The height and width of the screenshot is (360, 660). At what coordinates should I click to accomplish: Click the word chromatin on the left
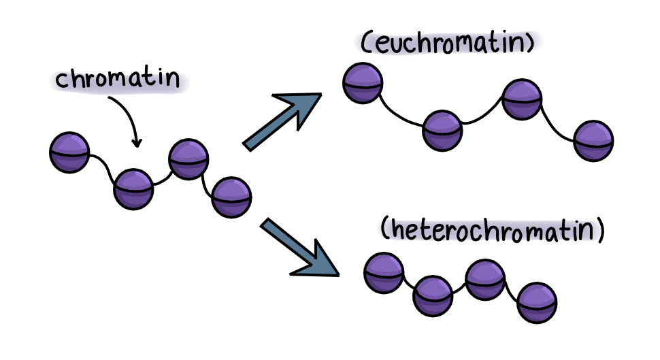point(118,79)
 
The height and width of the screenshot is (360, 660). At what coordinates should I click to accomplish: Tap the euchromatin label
point(448,42)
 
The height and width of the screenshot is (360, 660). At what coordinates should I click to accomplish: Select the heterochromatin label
point(492,230)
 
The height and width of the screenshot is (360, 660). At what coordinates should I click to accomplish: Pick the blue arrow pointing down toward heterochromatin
point(300,248)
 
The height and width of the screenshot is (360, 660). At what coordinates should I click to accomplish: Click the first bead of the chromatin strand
point(69,152)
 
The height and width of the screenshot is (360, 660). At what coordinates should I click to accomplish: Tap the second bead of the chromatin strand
point(133,189)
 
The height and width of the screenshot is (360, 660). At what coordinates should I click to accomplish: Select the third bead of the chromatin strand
point(188,159)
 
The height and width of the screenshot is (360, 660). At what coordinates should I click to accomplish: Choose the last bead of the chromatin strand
point(231,197)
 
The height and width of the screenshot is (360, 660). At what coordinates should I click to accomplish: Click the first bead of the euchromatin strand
point(363,83)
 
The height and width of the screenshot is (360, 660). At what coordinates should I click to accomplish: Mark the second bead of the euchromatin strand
point(442,131)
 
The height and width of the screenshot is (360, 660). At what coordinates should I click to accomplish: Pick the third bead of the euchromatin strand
point(522,99)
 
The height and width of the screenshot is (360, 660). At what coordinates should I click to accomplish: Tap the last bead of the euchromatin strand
point(593,141)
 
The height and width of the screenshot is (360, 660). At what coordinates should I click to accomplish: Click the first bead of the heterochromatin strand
point(384,273)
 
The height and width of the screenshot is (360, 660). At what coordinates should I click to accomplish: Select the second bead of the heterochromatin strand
point(433,296)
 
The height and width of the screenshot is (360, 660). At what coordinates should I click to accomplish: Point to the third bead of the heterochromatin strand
point(485,280)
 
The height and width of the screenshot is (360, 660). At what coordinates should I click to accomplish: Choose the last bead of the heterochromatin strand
point(537,303)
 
